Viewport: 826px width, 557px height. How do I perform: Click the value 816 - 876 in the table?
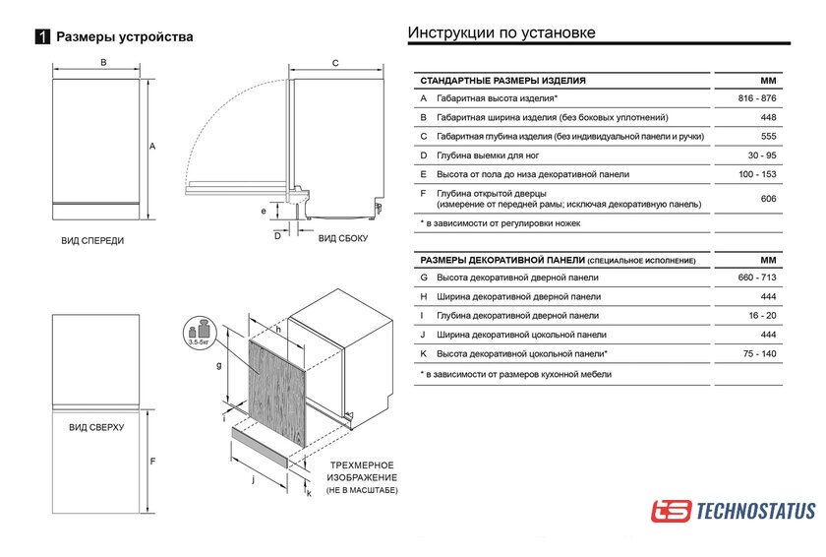pos(757,98)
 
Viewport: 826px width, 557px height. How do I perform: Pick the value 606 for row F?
pos(768,199)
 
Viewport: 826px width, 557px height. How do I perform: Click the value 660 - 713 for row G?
pos(757,278)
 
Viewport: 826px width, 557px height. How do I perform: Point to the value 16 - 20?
pos(762,316)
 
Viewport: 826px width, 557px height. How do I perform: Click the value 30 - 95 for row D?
pos(762,155)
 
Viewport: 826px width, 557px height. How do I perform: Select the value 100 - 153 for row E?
pos(757,174)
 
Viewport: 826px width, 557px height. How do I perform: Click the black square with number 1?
pos(42,37)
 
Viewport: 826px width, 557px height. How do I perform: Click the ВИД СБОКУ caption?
pos(342,238)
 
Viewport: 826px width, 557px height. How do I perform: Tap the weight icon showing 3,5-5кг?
pos(201,332)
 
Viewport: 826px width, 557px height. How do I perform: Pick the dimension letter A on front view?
pos(152,146)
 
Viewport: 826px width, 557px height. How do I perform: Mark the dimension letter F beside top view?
pos(152,462)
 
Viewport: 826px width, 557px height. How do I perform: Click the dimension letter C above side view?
pos(334,63)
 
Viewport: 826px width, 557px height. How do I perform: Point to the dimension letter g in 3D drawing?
pos(218,365)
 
